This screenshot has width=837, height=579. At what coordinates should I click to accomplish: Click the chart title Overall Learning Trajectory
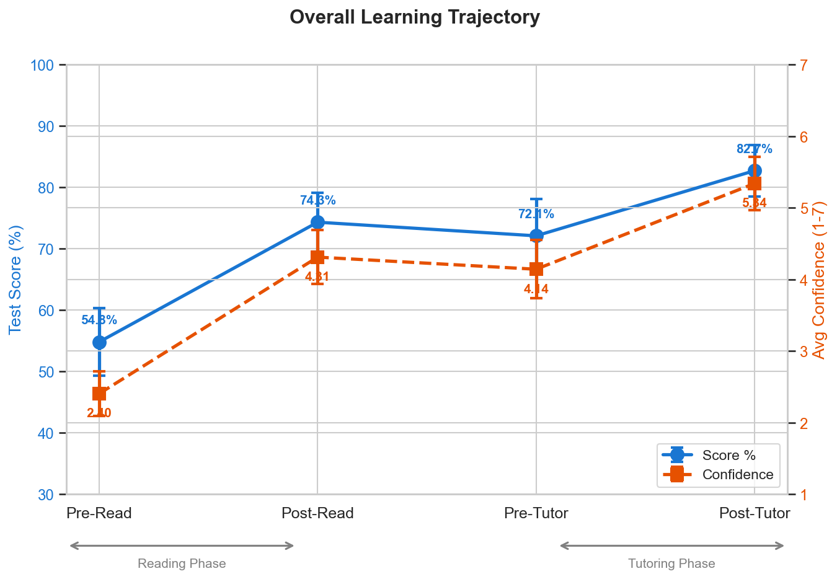[414, 17]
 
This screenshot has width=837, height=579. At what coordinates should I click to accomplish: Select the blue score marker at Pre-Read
[99, 342]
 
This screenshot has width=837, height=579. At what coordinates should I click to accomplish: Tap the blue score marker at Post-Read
[317, 222]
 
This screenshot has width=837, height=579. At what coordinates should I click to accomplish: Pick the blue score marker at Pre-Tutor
[536, 236]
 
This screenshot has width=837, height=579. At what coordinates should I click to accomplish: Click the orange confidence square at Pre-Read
[99, 394]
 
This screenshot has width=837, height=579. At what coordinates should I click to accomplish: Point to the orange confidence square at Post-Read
[317, 257]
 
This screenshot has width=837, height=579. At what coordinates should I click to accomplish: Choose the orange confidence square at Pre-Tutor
[536, 269]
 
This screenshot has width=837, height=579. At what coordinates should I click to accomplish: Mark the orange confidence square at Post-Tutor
[755, 183]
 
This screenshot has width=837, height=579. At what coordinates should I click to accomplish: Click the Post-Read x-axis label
[317, 513]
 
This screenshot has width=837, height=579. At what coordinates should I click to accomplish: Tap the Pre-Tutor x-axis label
[536, 513]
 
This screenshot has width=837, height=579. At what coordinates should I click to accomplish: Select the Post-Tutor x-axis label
[755, 513]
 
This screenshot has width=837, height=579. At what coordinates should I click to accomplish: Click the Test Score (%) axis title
[15, 280]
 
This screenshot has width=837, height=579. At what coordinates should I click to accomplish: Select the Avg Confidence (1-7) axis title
[819, 280]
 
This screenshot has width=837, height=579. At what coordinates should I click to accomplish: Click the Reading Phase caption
[182, 564]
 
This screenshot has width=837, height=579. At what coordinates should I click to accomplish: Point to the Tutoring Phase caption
[671, 564]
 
